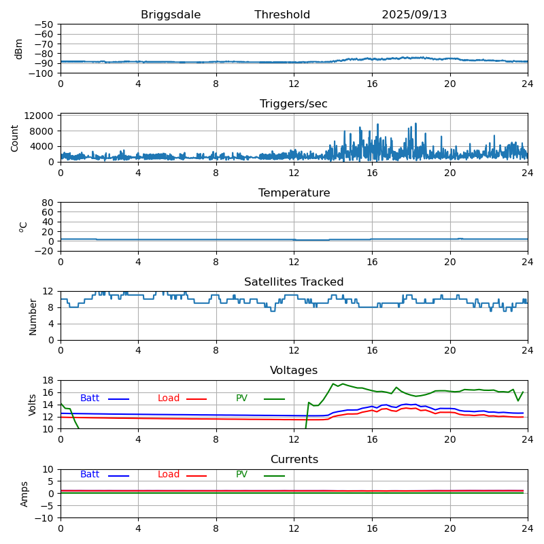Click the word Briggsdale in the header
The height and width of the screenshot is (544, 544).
pyautogui.click(x=171, y=15)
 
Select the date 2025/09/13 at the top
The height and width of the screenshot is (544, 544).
pyautogui.click(x=414, y=15)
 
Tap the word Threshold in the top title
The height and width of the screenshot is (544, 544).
pyautogui.click(x=282, y=15)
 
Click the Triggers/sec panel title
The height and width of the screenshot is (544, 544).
pyautogui.click(x=294, y=104)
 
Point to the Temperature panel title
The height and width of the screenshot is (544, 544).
pyautogui.click(x=294, y=193)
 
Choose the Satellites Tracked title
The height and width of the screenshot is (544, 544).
pyautogui.click(x=294, y=282)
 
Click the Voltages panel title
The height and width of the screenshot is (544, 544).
pyautogui.click(x=294, y=371)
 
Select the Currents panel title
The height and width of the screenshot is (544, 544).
pyautogui.click(x=294, y=460)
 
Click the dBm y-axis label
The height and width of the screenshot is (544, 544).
pyautogui.click(x=19, y=48)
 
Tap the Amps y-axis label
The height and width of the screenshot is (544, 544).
pyautogui.click(x=24, y=494)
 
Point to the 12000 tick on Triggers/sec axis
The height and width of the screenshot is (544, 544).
pyautogui.click(x=39, y=116)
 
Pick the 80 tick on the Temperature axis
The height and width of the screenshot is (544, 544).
pyautogui.click(x=48, y=203)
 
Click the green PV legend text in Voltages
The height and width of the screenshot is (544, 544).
pyautogui.click(x=242, y=398)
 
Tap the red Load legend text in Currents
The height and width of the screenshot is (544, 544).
pyautogui.click(x=169, y=475)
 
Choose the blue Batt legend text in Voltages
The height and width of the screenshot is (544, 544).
pyautogui.click(x=90, y=398)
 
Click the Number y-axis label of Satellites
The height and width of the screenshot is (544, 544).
pyautogui.click(x=33, y=316)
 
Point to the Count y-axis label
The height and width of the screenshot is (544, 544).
pyautogui.click(x=15, y=138)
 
